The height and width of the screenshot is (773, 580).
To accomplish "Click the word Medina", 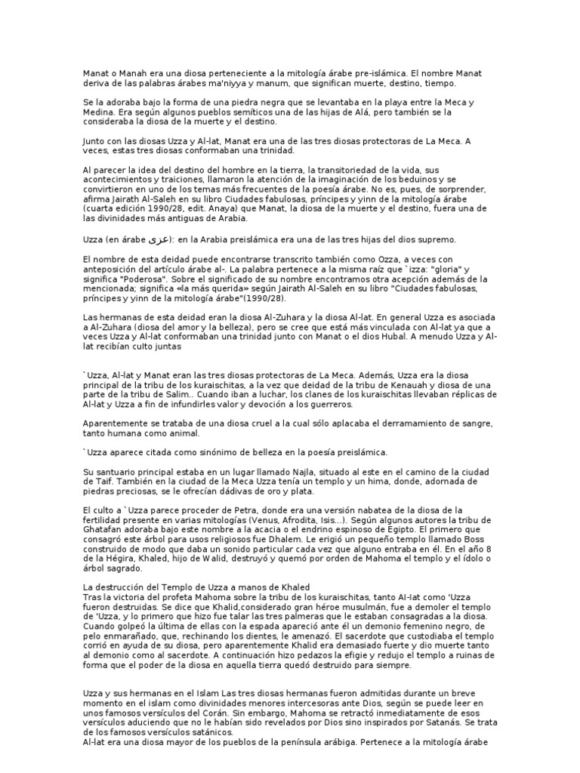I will click(97, 111).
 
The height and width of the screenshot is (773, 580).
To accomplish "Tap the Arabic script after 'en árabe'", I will click(156, 239).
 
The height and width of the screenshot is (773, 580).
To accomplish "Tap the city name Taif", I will click(96, 482).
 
